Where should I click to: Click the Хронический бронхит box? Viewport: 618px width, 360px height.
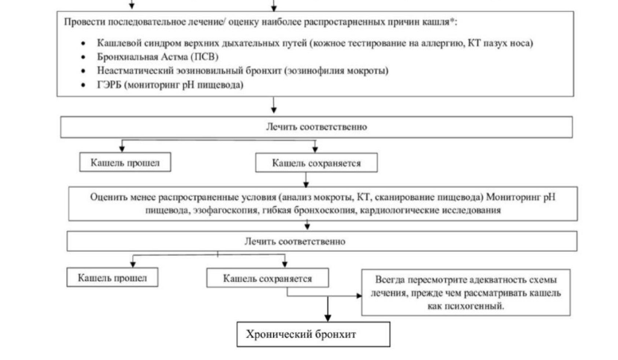(314, 335)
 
